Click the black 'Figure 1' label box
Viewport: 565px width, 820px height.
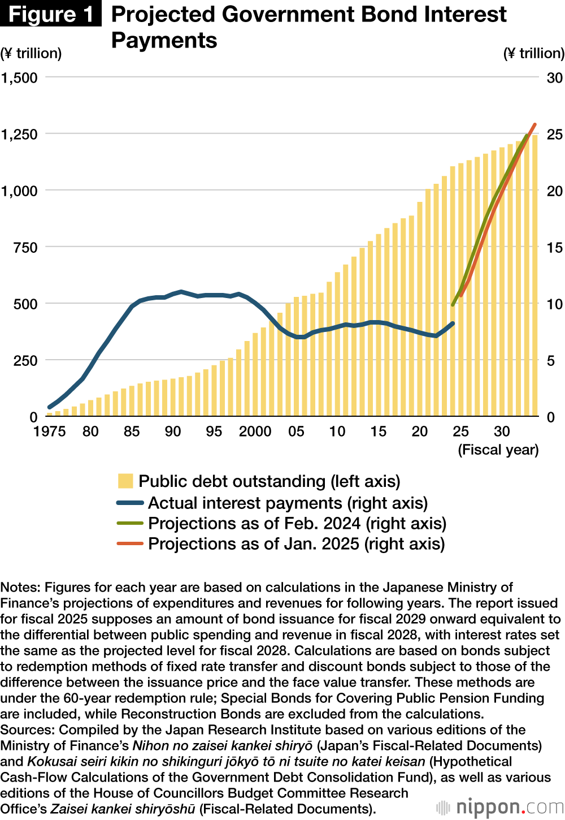click(51, 14)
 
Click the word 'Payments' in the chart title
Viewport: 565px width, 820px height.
click(164, 40)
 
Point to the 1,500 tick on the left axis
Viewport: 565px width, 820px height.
click(20, 77)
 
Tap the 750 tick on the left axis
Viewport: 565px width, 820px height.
click(25, 247)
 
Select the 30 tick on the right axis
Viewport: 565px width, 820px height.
click(554, 77)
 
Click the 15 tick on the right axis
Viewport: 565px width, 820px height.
click(554, 247)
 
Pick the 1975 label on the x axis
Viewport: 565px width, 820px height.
click(50, 431)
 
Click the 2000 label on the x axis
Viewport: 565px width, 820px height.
click(255, 431)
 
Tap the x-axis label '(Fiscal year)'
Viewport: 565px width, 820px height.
click(498, 450)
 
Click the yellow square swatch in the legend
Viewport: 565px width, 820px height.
click(125, 481)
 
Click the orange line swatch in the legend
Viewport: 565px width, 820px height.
click(130, 543)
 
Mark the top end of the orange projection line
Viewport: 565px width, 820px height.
click(534, 124)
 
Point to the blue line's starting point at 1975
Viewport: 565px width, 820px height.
click(50, 407)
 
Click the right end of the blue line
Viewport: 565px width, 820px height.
click(453, 323)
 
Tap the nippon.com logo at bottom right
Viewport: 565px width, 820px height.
click(500, 806)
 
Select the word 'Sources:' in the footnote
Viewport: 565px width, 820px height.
click(28, 730)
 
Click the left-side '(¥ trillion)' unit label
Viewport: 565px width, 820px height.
click(31, 53)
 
